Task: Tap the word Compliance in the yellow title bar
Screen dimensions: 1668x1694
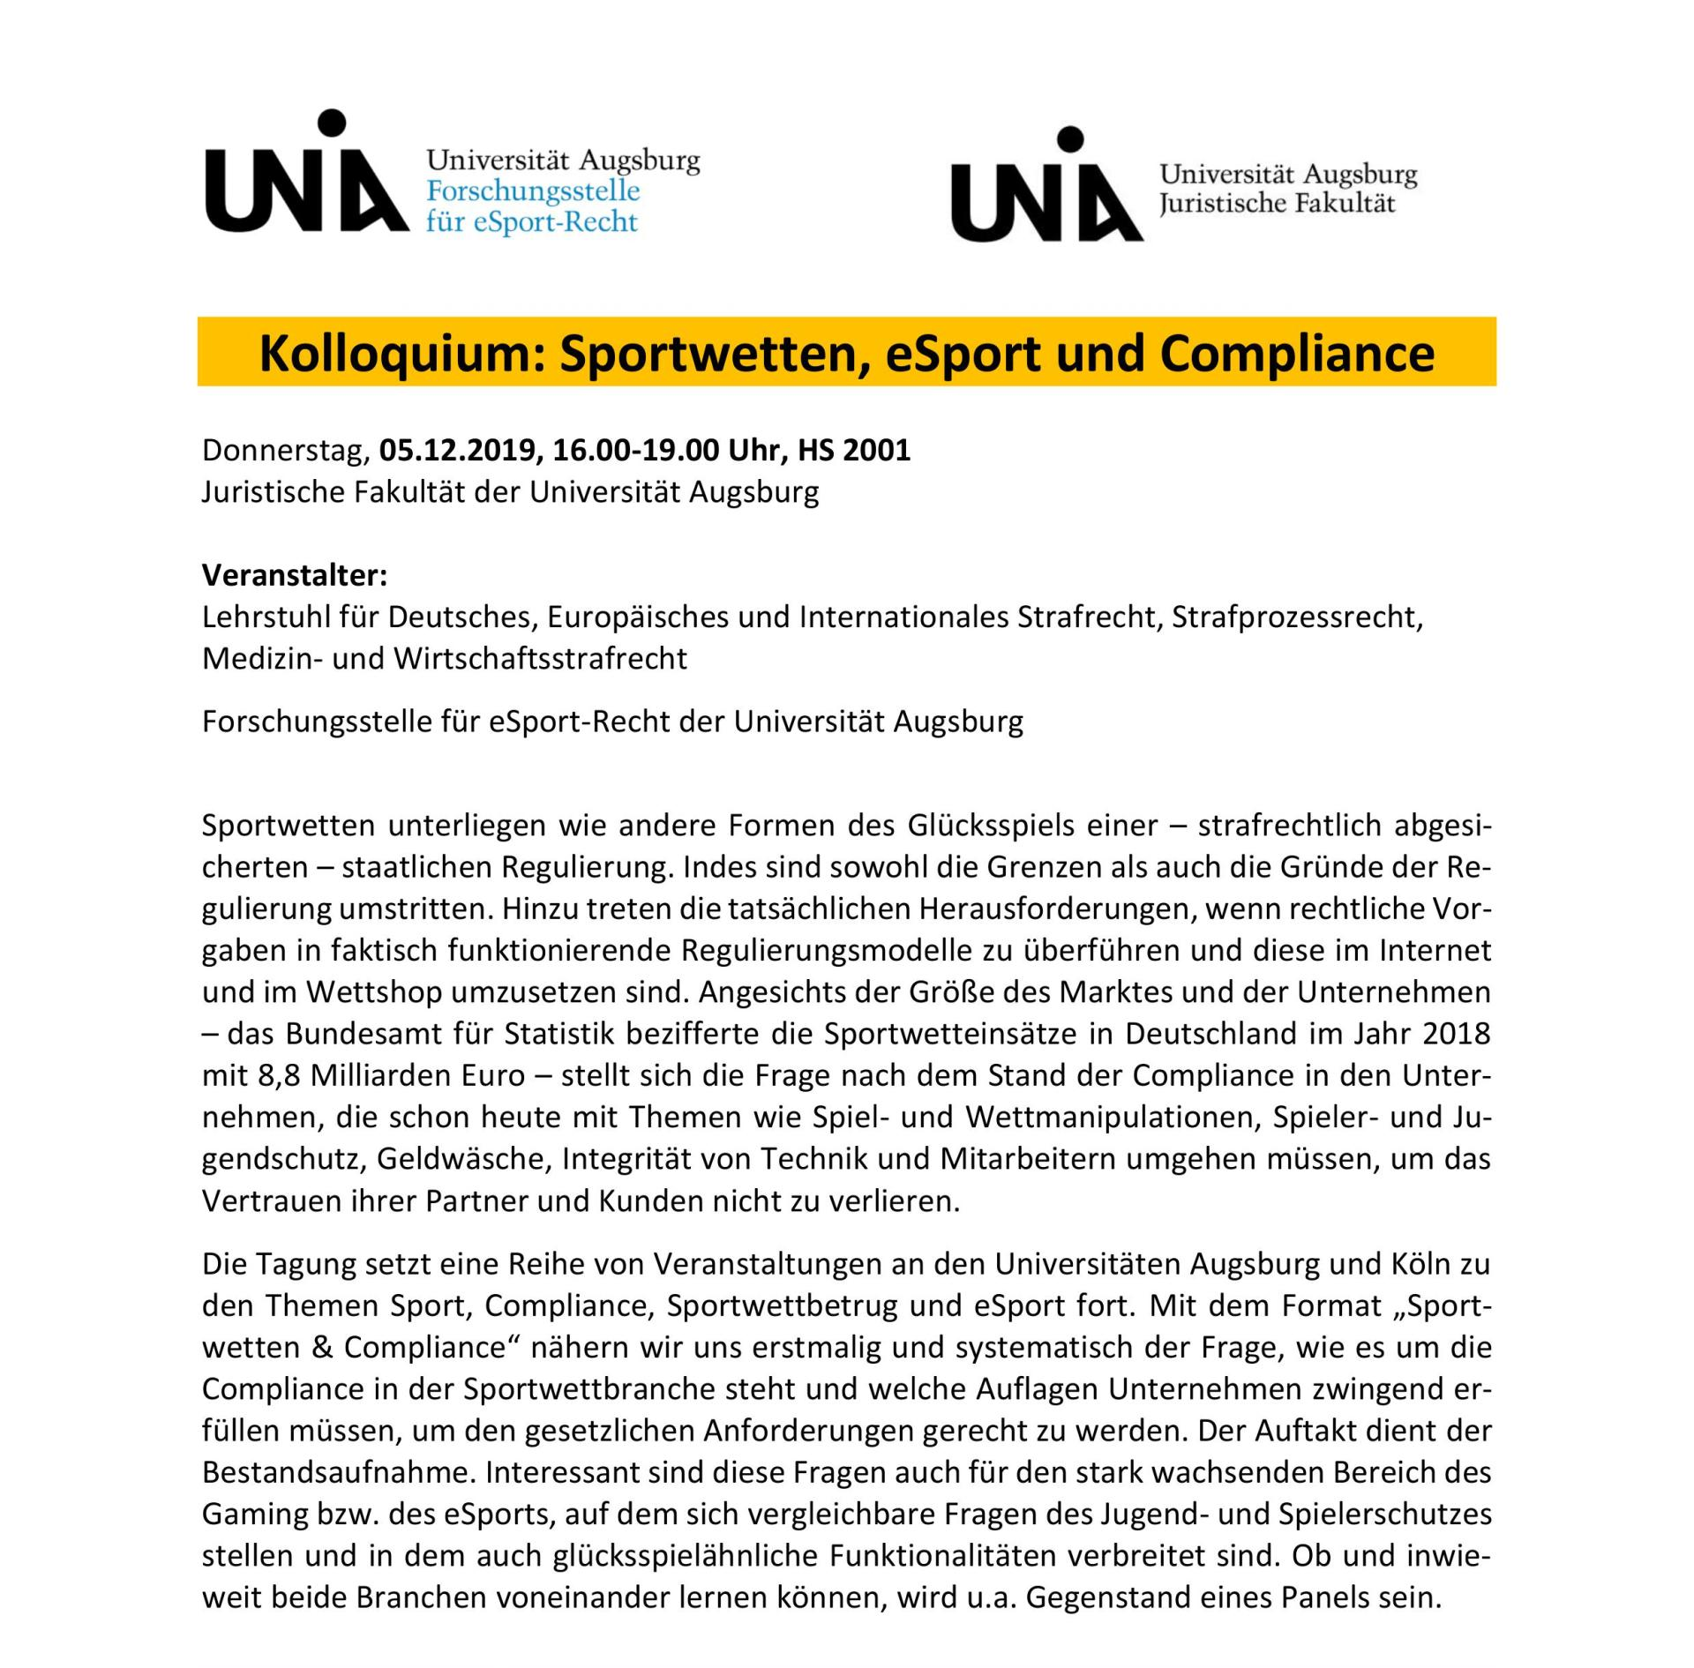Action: (1297, 354)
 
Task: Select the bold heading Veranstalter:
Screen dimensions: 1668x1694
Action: (295, 575)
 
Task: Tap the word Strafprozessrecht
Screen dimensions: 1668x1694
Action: (1296, 617)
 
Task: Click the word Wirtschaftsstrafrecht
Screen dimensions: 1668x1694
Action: (540, 659)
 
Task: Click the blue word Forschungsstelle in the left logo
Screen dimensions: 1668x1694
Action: (533, 191)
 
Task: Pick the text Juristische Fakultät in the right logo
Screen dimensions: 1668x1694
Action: (1277, 204)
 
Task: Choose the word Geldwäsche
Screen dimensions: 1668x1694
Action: (460, 1158)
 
